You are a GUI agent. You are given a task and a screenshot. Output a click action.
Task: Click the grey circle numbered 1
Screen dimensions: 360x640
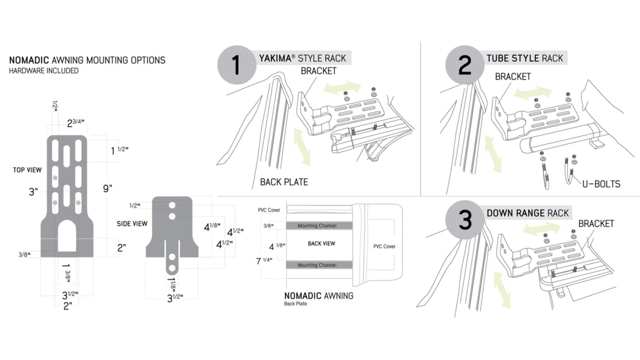point(236,65)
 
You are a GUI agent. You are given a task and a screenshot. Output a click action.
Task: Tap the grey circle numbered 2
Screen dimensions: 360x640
point(465,65)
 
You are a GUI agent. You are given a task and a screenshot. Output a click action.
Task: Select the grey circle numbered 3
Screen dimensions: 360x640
point(465,220)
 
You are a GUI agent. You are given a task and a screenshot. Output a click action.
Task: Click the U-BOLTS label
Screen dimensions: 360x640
point(601,184)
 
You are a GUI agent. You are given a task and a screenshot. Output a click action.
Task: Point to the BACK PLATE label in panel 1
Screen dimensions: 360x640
point(284,182)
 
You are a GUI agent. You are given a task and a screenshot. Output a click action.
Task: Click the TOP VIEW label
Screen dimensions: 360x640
point(27,170)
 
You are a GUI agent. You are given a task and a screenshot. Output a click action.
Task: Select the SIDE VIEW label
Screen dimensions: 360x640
point(132,224)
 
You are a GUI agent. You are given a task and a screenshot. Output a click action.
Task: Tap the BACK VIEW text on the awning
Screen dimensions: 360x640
point(321,243)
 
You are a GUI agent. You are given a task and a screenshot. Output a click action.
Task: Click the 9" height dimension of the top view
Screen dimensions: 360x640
point(107,189)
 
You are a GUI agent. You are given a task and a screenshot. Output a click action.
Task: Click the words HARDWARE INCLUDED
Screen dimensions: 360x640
point(44,71)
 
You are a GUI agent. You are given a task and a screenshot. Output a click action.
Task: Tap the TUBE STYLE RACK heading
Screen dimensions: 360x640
point(524,58)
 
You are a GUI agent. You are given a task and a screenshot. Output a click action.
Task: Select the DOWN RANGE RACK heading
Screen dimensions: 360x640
point(527,213)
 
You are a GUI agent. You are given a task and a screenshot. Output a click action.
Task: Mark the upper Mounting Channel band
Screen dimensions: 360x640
point(317,226)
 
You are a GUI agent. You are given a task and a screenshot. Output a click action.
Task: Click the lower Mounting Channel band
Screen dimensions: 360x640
point(317,265)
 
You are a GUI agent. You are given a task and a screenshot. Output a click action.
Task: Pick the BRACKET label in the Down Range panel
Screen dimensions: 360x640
point(596,224)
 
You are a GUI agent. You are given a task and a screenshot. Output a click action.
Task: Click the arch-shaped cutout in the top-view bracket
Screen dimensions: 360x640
point(67,238)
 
